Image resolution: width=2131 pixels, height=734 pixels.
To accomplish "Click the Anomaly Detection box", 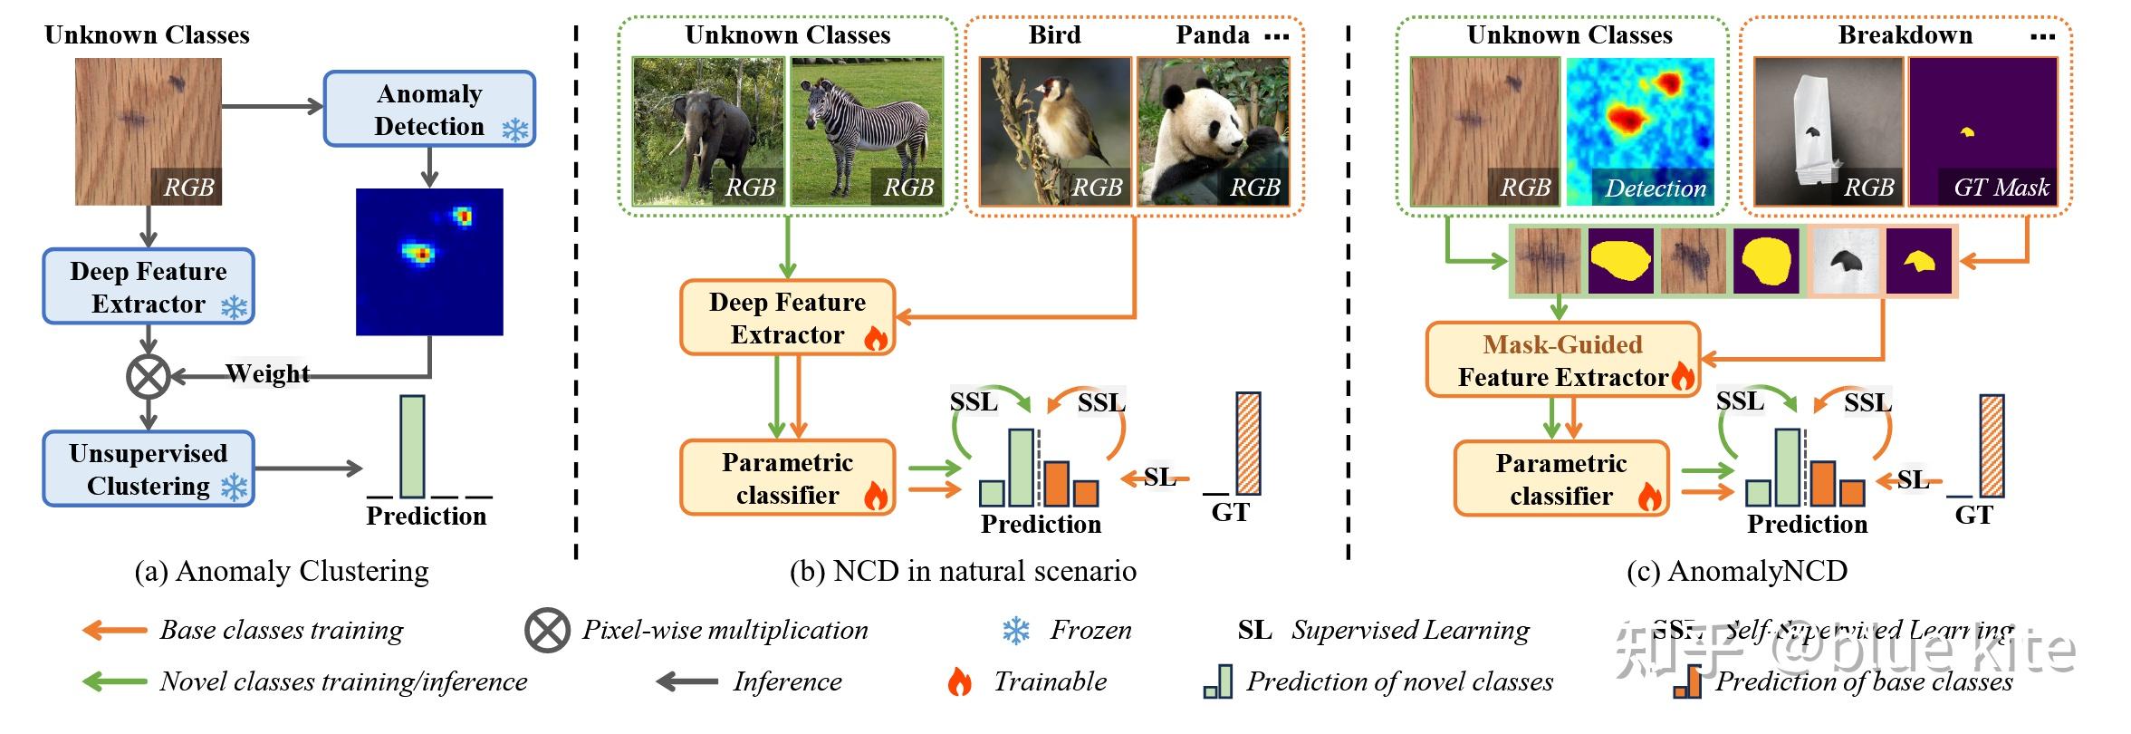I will pyautogui.click(x=429, y=110).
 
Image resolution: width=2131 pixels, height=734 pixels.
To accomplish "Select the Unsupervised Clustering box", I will pyautogui.click(x=149, y=469).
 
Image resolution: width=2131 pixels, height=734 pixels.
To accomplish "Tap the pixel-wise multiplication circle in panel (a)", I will pyautogui.click(x=149, y=376).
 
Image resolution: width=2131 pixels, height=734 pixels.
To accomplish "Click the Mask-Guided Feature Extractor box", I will pyautogui.click(x=1562, y=361).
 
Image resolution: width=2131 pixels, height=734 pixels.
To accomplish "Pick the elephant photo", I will pyautogui.click(x=707, y=131).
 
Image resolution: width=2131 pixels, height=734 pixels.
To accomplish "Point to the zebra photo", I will pyautogui.click(x=867, y=131).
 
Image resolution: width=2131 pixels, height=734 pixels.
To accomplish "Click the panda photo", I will pyautogui.click(x=1213, y=131).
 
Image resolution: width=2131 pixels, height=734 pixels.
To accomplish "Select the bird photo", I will pyautogui.click(x=1054, y=131).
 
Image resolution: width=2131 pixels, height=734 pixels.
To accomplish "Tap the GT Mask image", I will pyautogui.click(x=1982, y=131).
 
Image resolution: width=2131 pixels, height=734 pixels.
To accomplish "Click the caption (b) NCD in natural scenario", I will pyautogui.click(x=963, y=571).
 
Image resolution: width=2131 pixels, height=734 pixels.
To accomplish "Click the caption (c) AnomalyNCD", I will pyautogui.click(x=1736, y=571).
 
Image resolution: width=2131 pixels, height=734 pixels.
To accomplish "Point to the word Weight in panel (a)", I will pyautogui.click(x=267, y=373).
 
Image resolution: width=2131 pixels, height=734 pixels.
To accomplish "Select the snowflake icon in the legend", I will pyautogui.click(x=1016, y=631).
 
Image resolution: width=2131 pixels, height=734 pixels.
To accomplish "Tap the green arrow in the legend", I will pyautogui.click(x=114, y=681).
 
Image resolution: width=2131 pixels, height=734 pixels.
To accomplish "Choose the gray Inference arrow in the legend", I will pyautogui.click(x=686, y=681).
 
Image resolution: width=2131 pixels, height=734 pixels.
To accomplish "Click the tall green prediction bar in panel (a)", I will pyautogui.click(x=412, y=446).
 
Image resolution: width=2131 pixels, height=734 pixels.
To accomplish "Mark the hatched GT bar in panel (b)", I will pyautogui.click(x=1248, y=443).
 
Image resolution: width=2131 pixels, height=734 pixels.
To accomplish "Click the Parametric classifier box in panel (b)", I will pyautogui.click(x=787, y=478).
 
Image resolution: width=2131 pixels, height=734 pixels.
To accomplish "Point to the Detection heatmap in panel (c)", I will pyautogui.click(x=1640, y=131).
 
